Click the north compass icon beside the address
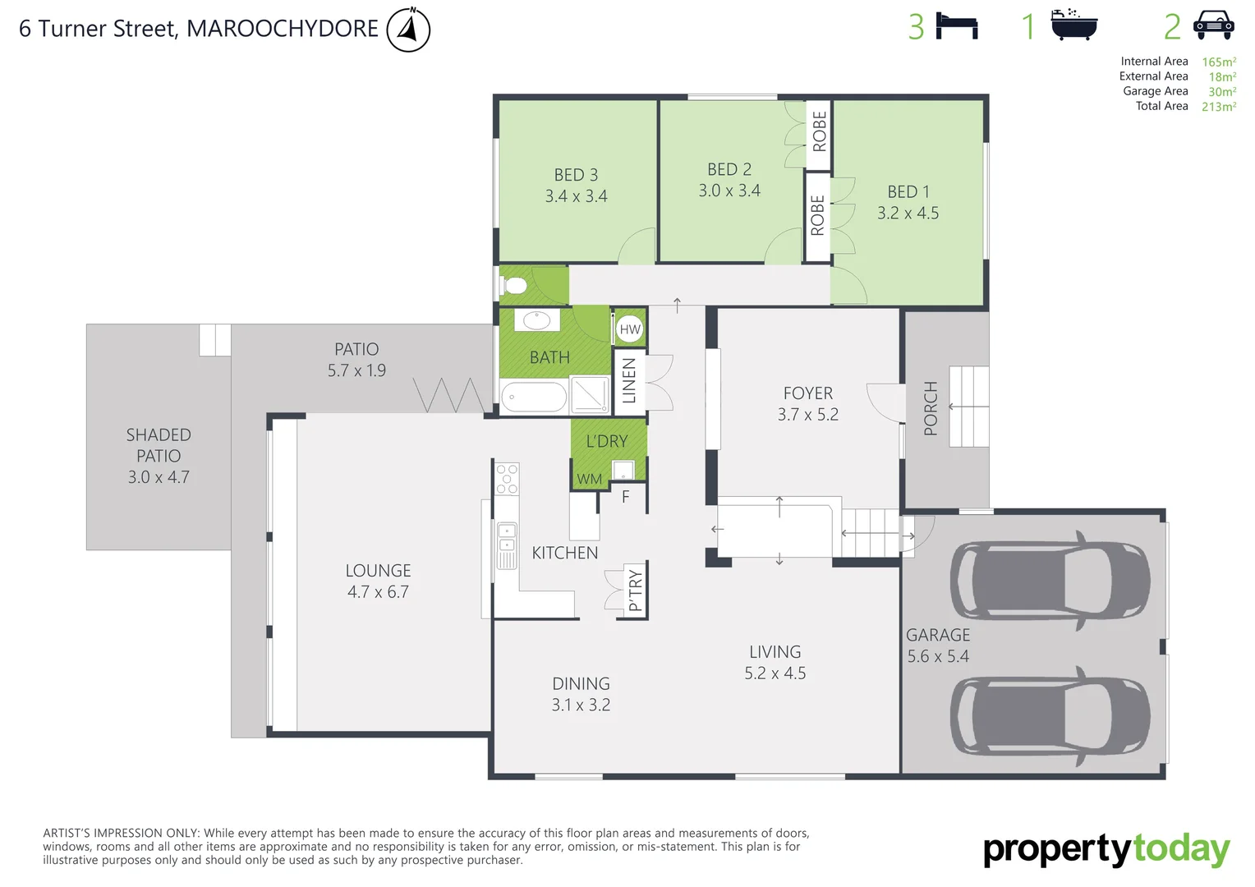(408, 30)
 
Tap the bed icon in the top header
(957, 26)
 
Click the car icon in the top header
(1213, 25)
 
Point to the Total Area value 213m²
(1219, 107)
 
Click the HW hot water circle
(630, 329)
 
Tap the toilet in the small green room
(515, 286)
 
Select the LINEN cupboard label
(629, 381)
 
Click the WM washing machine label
(590, 479)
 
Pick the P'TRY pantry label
(635, 591)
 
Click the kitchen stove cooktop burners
(507, 479)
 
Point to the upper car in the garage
(1050, 581)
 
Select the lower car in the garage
(1050, 715)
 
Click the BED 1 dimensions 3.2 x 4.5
(908, 214)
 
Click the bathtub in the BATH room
(534, 398)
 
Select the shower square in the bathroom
(590, 394)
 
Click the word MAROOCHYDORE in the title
(283, 29)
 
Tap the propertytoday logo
(1106, 850)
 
